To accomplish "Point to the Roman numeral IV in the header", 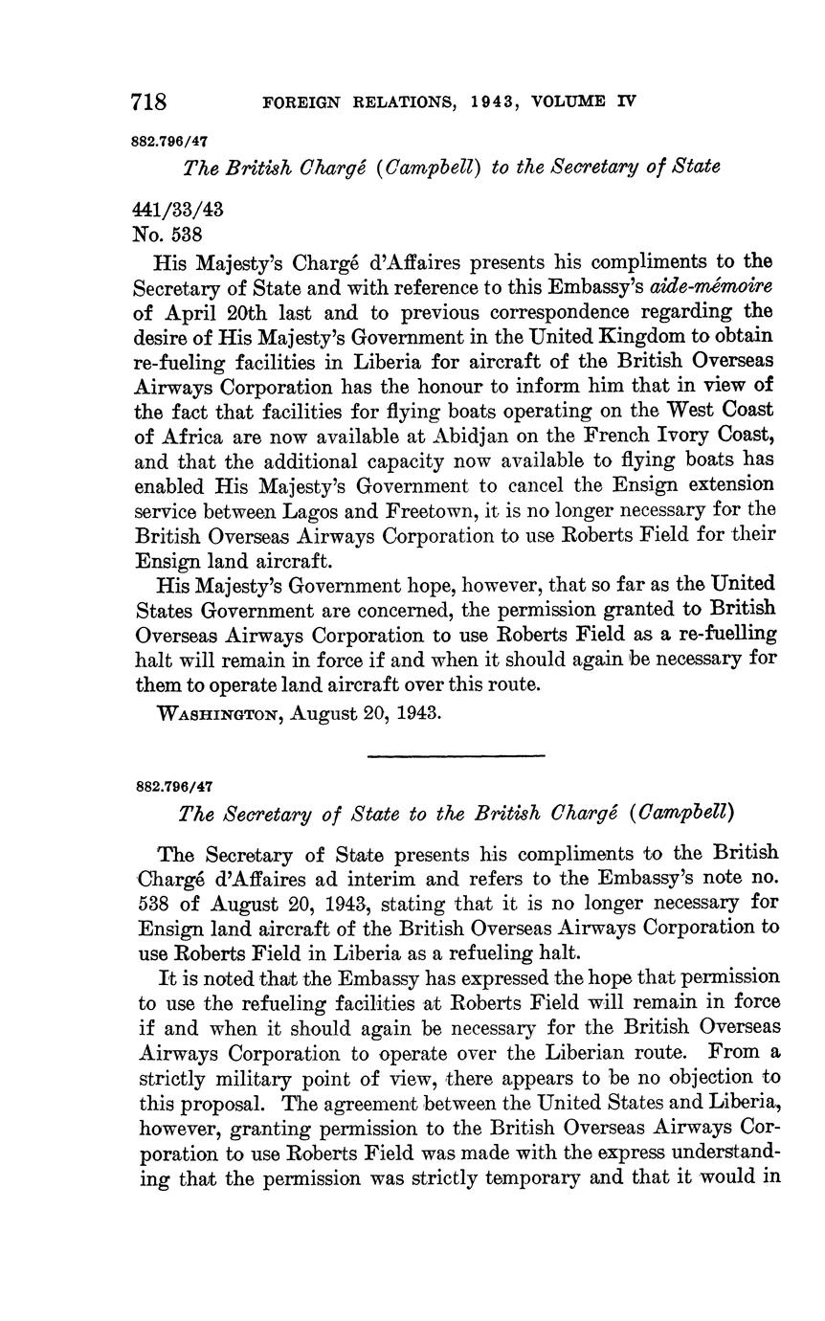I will (x=626, y=101).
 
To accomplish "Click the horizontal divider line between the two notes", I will (x=456, y=757).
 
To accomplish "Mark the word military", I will (x=234, y=1076).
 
